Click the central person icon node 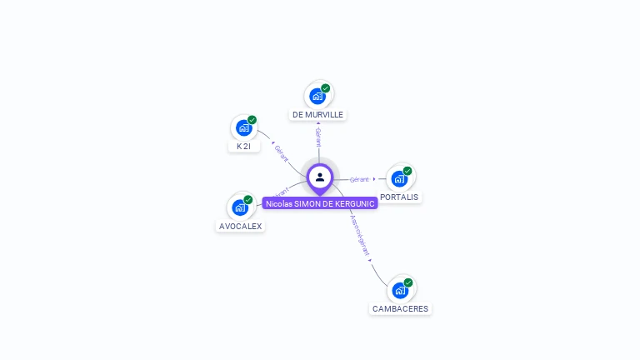[x=320, y=177]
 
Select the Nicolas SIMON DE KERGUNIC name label [x=320, y=203]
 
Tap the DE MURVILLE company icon [x=317, y=97]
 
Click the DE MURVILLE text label [x=317, y=114]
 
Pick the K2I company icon [x=243, y=128]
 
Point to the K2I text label [x=243, y=146]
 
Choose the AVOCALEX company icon [x=240, y=207]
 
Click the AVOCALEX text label [x=240, y=226]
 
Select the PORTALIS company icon [x=400, y=179]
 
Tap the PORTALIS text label [x=399, y=197]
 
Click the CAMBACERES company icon [x=401, y=291]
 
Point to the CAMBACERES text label [x=401, y=308]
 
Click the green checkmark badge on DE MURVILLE [x=326, y=87]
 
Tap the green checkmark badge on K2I [x=252, y=119]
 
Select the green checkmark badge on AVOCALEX [x=248, y=199]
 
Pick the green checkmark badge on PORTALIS [x=407, y=171]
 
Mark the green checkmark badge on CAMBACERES [x=408, y=282]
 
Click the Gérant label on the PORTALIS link [x=359, y=179]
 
